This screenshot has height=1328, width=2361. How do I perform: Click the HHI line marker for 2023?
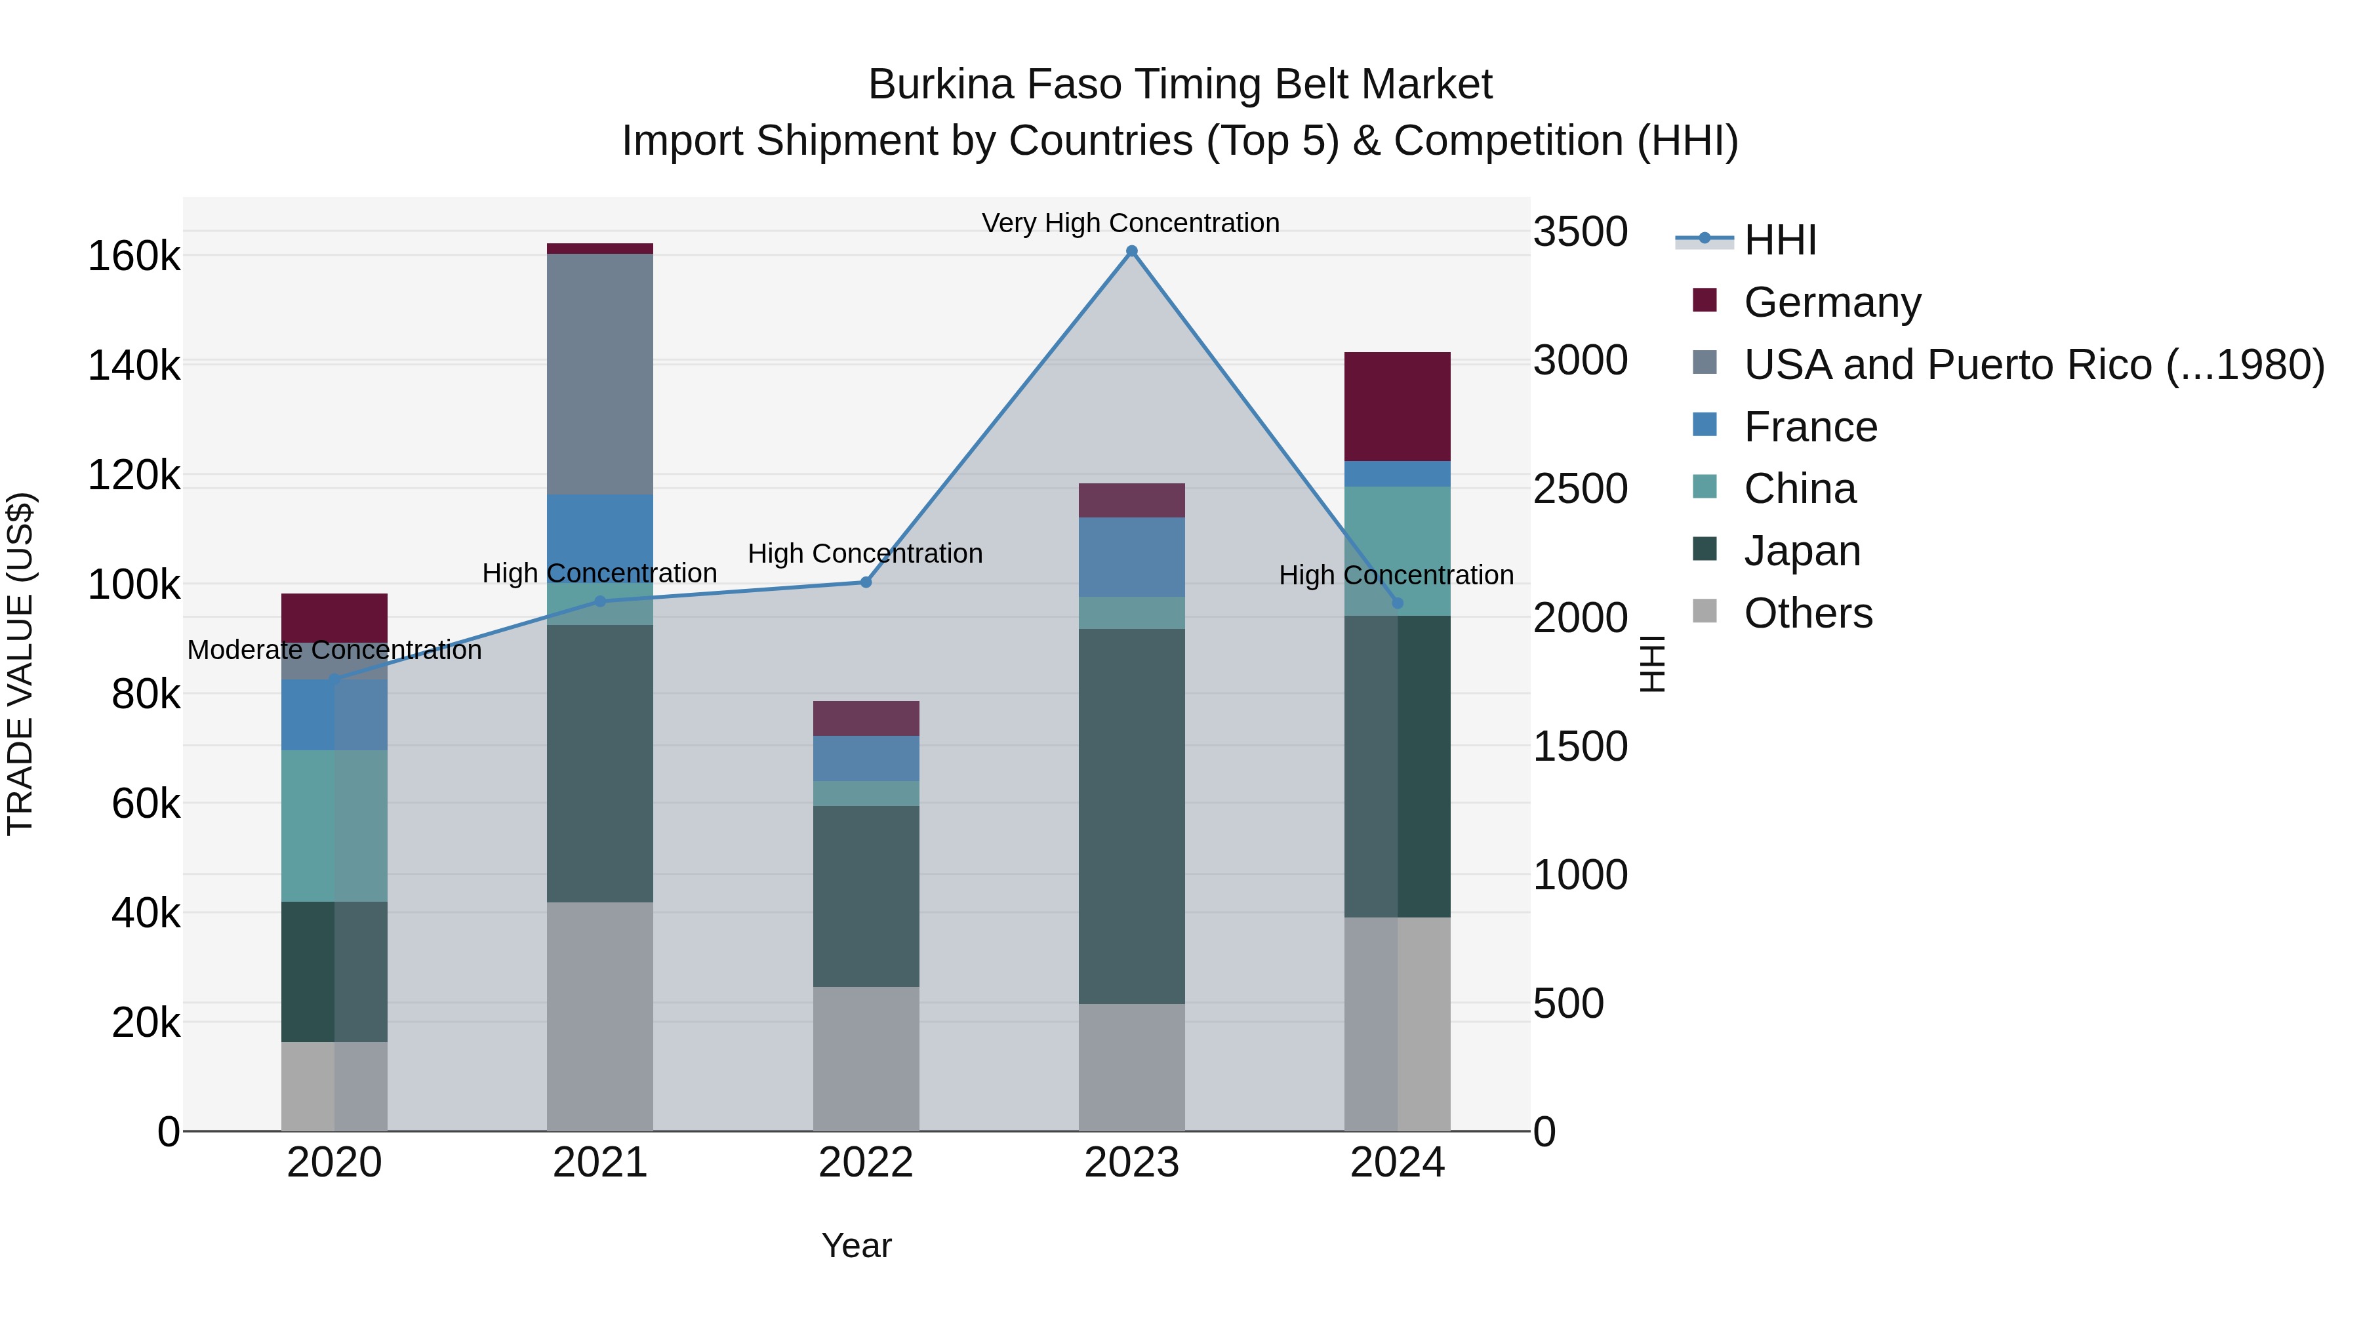pyautogui.click(x=1131, y=251)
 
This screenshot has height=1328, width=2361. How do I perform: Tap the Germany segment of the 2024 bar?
pyautogui.click(x=1397, y=406)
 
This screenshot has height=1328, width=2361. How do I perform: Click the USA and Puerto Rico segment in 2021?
pyautogui.click(x=599, y=374)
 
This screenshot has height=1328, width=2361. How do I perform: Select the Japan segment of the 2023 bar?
pyautogui.click(x=1131, y=816)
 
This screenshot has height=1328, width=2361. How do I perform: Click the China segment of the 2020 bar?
pyautogui.click(x=334, y=826)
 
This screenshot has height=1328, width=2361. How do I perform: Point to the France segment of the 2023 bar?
pyautogui.click(x=1131, y=557)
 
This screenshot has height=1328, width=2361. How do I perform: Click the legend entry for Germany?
pyautogui.click(x=1831, y=302)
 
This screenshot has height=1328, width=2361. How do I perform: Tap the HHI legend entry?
pyautogui.click(x=1779, y=240)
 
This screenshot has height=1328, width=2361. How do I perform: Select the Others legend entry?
pyautogui.click(x=1807, y=613)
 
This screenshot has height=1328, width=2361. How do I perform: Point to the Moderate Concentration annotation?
pyautogui.click(x=334, y=650)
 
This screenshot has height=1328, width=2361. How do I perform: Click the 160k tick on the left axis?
pyautogui.click(x=134, y=256)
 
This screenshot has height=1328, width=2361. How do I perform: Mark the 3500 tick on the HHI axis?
pyautogui.click(x=1580, y=232)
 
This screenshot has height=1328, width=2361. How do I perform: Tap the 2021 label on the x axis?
pyautogui.click(x=599, y=1163)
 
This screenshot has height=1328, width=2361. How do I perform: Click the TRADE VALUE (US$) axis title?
pyautogui.click(x=20, y=664)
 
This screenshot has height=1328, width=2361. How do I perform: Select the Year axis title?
pyautogui.click(x=856, y=1245)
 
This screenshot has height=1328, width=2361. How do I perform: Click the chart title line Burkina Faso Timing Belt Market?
pyautogui.click(x=1180, y=85)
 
